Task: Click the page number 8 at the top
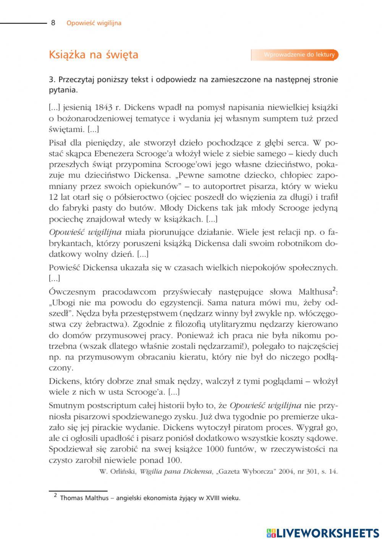coord(53,23)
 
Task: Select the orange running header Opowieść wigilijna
coord(94,23)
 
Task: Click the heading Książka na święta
coord(93,55)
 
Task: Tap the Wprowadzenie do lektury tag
coord(295,55)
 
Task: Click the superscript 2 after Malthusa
coord(334,289)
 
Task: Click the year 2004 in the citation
coord(286,471)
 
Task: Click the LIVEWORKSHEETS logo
coord(323,533)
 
